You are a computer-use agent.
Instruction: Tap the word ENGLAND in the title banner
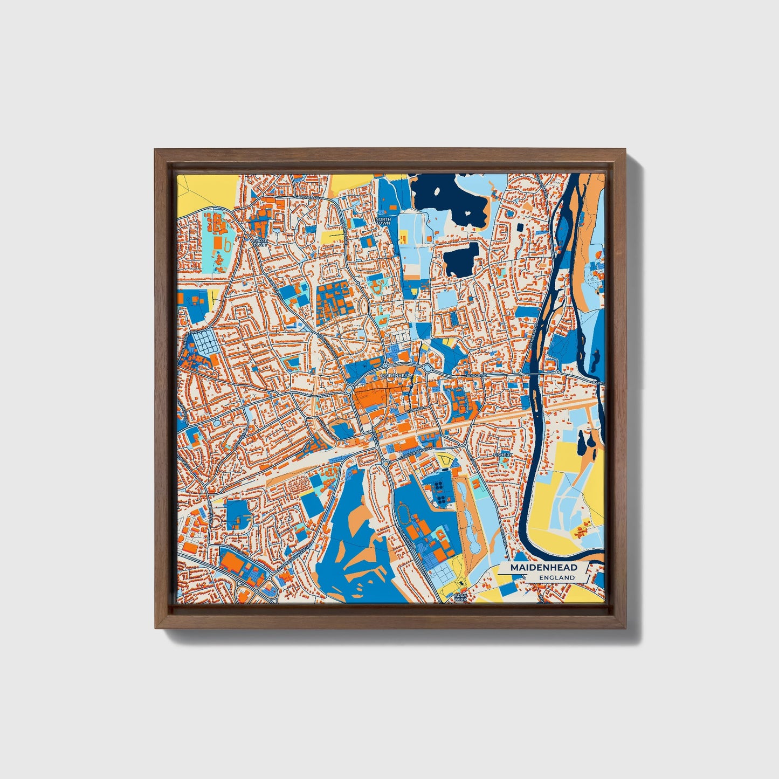[x=556, y=577]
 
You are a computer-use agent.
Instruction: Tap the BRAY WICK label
[x=460, y=597]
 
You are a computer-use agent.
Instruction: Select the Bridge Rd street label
[x=477, y=375]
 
